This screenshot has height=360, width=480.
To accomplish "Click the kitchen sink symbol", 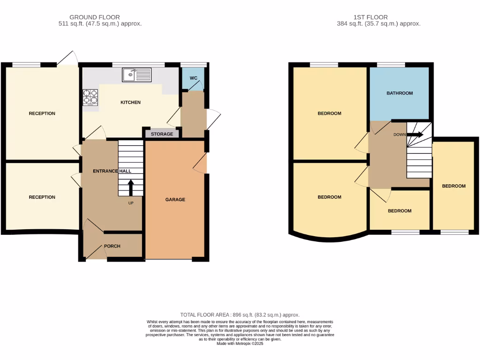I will [x=136, y=75].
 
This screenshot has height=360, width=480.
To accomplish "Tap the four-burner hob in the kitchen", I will [x=91, y=97].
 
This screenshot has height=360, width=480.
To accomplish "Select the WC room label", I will [x=193, y=78].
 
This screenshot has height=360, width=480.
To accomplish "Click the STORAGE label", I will [x=162, y=134].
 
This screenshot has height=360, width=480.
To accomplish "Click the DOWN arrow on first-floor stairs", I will [x=414, y=135].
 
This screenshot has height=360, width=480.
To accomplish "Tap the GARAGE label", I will [x=175, y=200].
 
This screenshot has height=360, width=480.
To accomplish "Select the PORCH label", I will [x=112, y=246].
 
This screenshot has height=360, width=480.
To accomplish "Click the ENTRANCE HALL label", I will [x=112, y=171].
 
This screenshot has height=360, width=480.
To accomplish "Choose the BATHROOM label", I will [x=399, y=93].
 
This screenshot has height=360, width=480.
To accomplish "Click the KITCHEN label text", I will [x=130, y=102].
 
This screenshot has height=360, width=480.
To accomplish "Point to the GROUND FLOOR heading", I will [x=95, y=17].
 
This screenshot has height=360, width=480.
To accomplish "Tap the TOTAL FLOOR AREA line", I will [x=240, y=315].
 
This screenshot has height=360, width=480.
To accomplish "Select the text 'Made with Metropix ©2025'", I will [x=240, y=344].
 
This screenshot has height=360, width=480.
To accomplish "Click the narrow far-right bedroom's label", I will [x=454, y=186].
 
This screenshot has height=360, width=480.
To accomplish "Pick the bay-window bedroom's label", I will [x=329, y=197].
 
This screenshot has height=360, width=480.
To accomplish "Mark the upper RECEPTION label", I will [x=42, y=113].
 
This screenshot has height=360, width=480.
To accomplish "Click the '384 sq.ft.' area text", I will [x=352, y=23].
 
